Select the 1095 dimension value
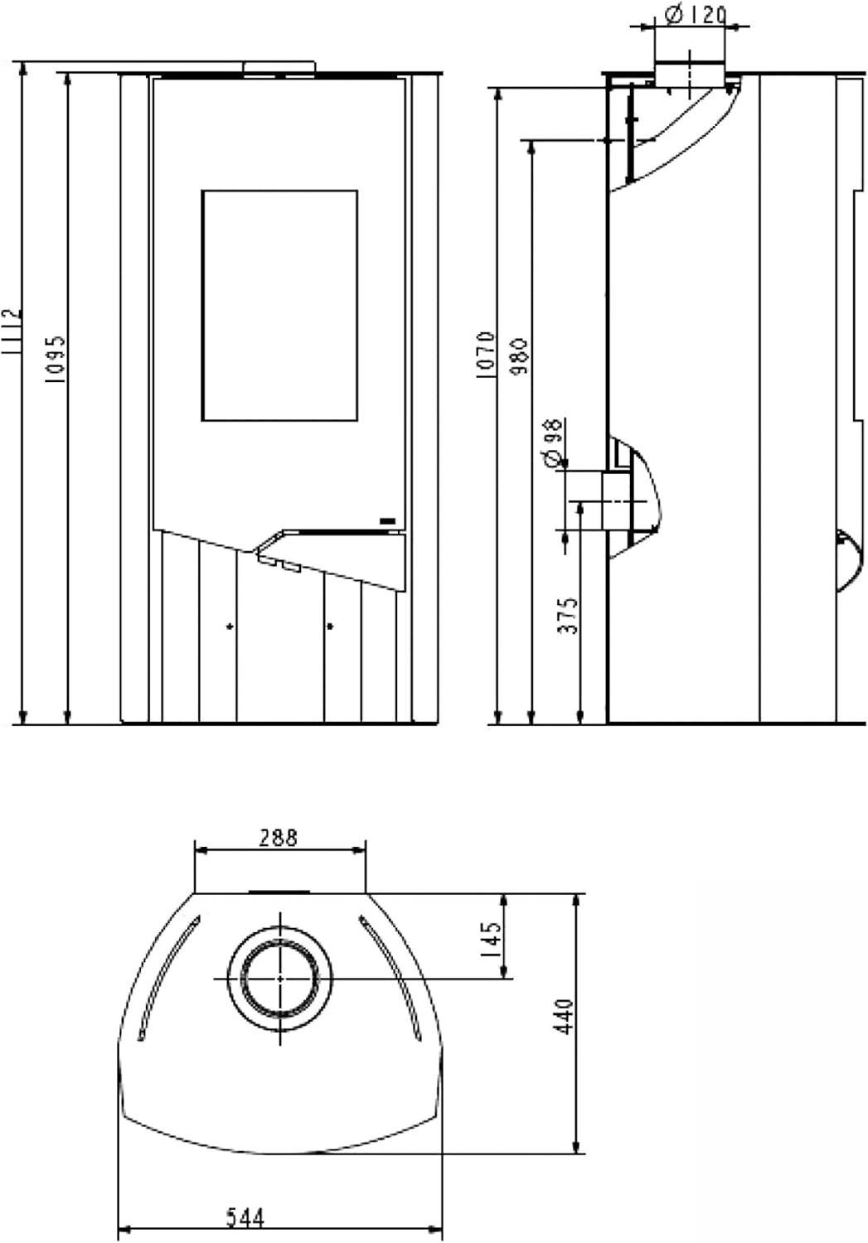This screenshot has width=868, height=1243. click(x=56, y=360)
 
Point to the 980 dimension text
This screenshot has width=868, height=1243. click(x=521, y=355)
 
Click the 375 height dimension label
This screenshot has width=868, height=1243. click(x=568, y=616)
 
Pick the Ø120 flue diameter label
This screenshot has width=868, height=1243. click(x=695, y=15)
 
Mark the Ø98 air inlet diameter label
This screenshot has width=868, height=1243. click(x=552, y=443)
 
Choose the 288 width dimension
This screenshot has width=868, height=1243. click(x=279, y=837)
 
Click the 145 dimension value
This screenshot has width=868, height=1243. click(x=492, y=939)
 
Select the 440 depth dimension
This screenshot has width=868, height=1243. click(x=565, y=1016)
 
